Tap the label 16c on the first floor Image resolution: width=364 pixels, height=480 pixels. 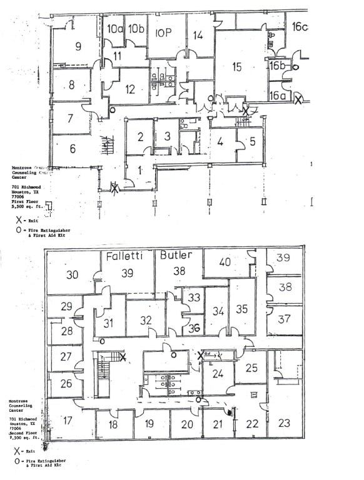click(300, 26)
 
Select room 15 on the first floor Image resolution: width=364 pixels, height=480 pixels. click(237, 67)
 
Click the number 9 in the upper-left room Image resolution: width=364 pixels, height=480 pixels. click(78, 46)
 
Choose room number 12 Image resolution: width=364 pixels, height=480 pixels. click(130, 89)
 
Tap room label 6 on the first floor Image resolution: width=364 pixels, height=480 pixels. click(73, 149)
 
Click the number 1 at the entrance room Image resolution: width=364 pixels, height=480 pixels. click(141, 170)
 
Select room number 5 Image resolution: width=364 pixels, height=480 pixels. click(253, 141)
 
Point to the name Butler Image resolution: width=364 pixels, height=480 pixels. click(176, 255)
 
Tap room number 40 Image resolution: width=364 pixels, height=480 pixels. click(225, 262)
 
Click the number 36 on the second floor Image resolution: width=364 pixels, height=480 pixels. click(194, 327)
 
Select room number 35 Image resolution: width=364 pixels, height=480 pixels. click(242, 309)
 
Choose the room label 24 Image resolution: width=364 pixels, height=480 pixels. click(218, 374)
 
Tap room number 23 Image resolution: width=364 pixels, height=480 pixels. click(284, 423)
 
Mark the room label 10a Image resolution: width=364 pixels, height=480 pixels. click(114, 29)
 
